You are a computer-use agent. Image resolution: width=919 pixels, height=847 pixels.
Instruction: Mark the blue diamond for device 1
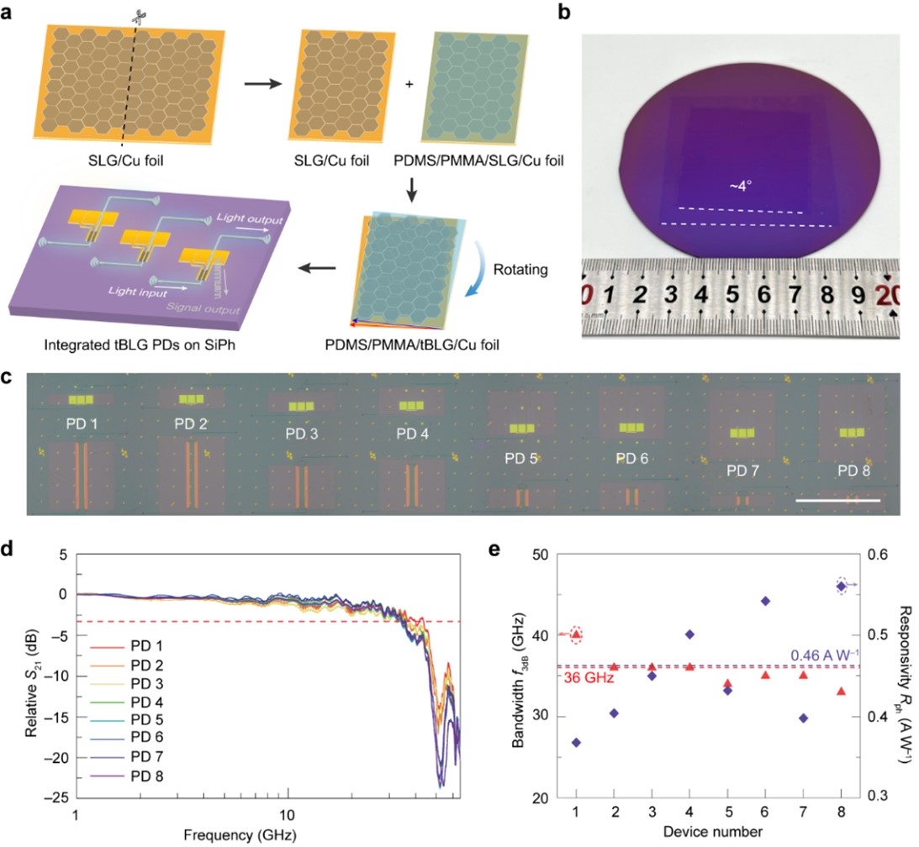[576, 742]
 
